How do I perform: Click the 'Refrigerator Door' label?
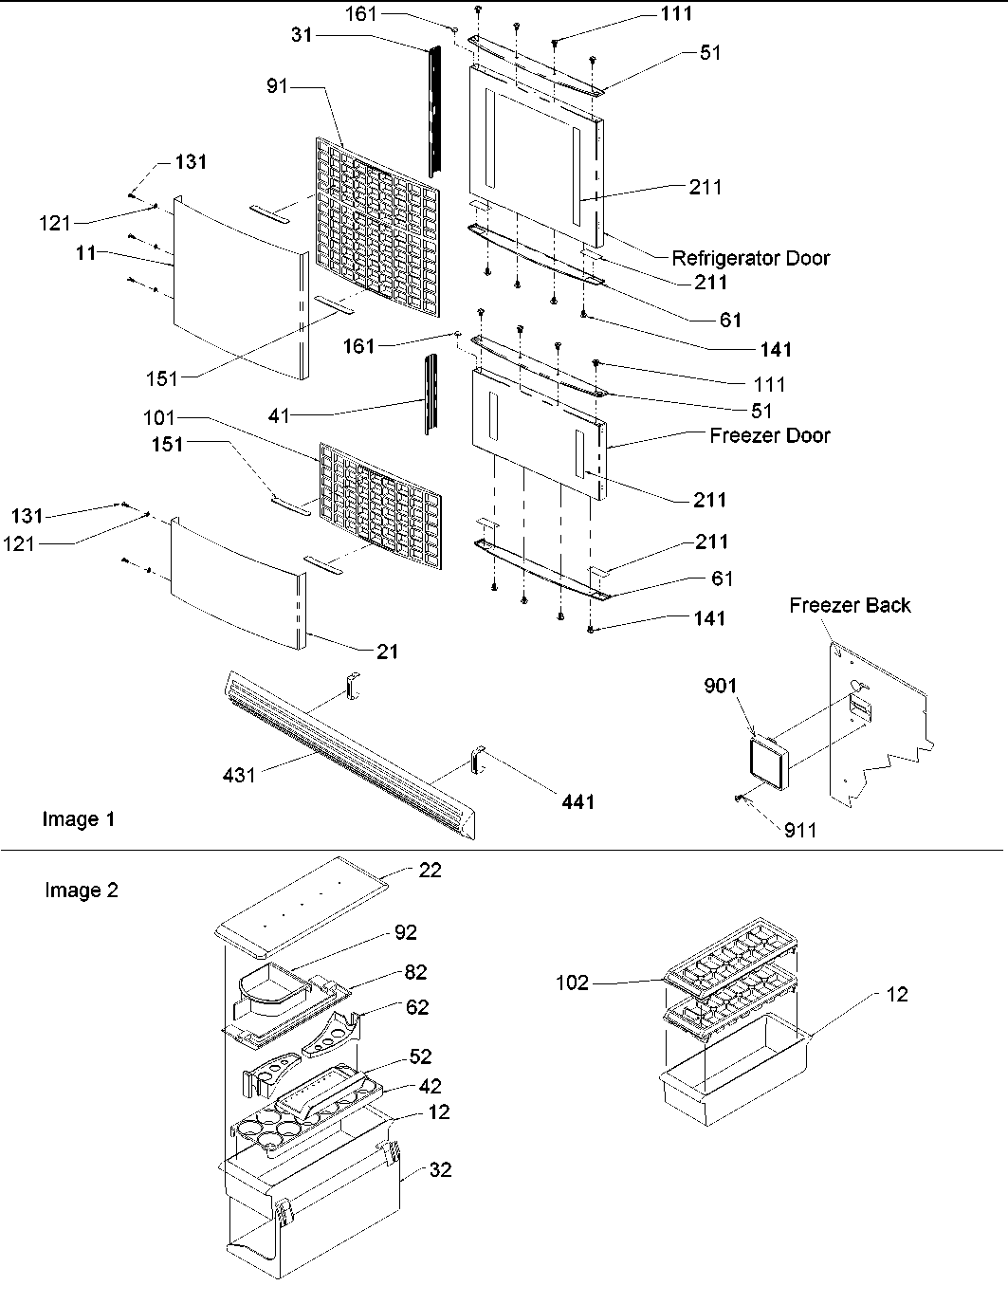750,258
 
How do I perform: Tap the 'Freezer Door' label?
769,435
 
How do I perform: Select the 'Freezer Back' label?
850,605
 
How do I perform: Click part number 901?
720,686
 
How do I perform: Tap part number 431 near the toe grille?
239,775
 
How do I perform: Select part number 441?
577,802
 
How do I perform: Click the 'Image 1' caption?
79,818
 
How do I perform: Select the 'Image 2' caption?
82,890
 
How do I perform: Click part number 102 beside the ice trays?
573,983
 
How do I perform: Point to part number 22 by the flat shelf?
430,870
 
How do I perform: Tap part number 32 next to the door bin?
440,1170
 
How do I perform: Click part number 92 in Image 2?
406,932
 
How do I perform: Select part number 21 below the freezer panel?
387,652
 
